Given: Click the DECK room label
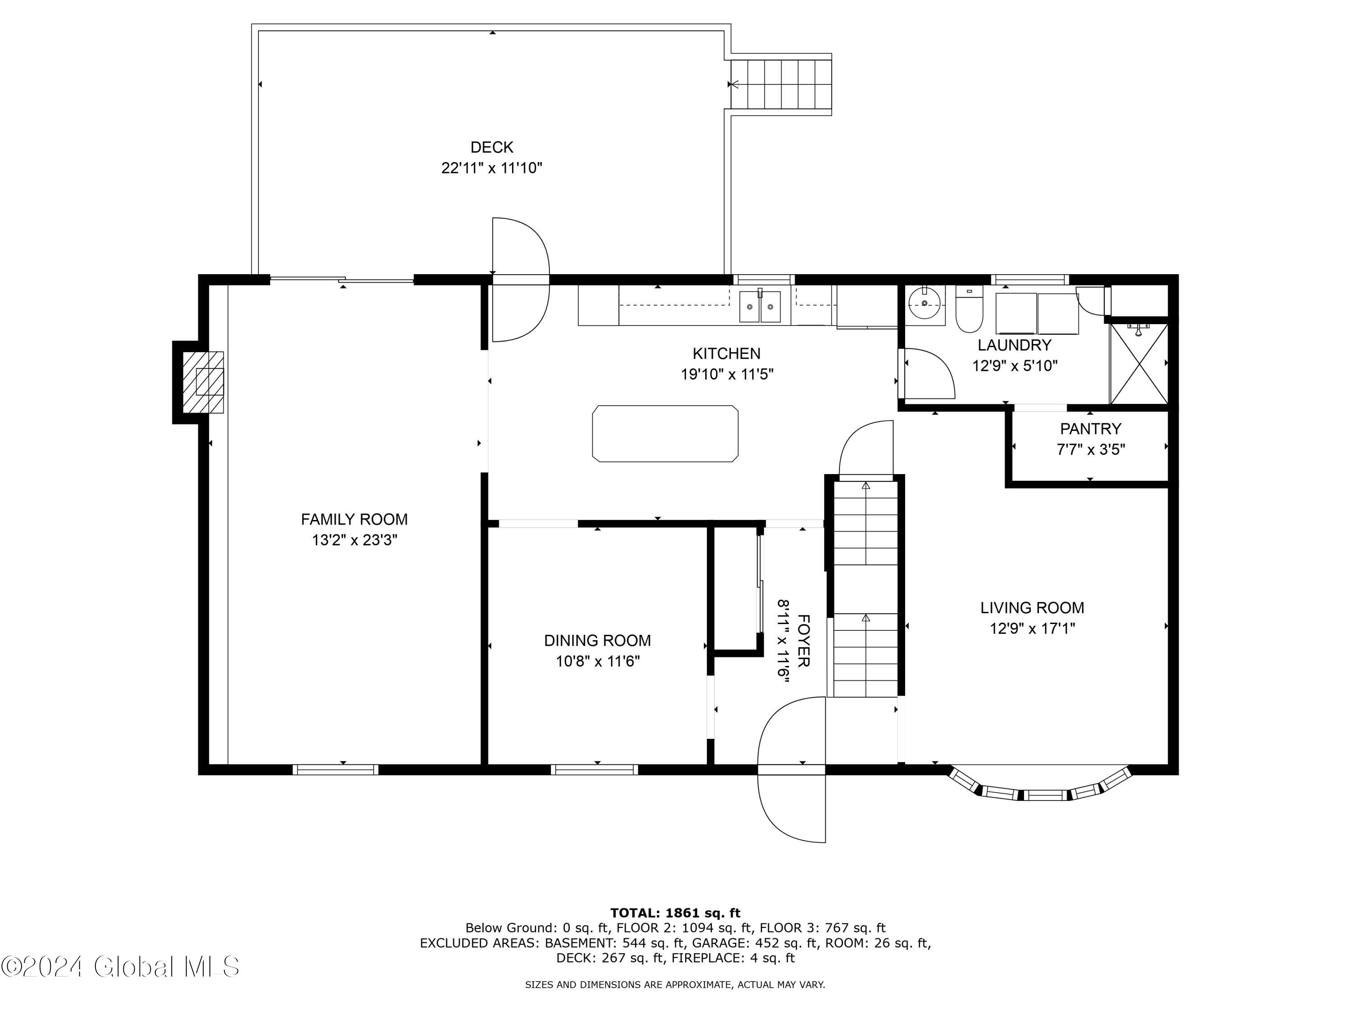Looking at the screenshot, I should click(x=492, y=147).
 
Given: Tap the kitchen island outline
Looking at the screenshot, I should click(x=665, y=434).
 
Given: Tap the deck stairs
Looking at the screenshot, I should click(x=781, y=84).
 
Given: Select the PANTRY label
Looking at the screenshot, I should click(x=1090, y=429).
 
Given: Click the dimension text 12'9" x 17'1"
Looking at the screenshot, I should click(x=1032, y=629).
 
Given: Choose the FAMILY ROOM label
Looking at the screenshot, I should click(x=354, y=519).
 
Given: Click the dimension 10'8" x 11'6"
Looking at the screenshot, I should click(x=597, y=661).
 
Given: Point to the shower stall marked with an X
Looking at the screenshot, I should click(x=1138, y=364).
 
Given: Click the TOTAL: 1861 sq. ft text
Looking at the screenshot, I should click(x=675, y=913).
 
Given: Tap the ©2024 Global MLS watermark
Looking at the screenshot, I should click(x=120, y=967).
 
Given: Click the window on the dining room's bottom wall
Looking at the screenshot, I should click(x=594, y=769).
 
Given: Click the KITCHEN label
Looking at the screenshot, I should click(x=726, y=353).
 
